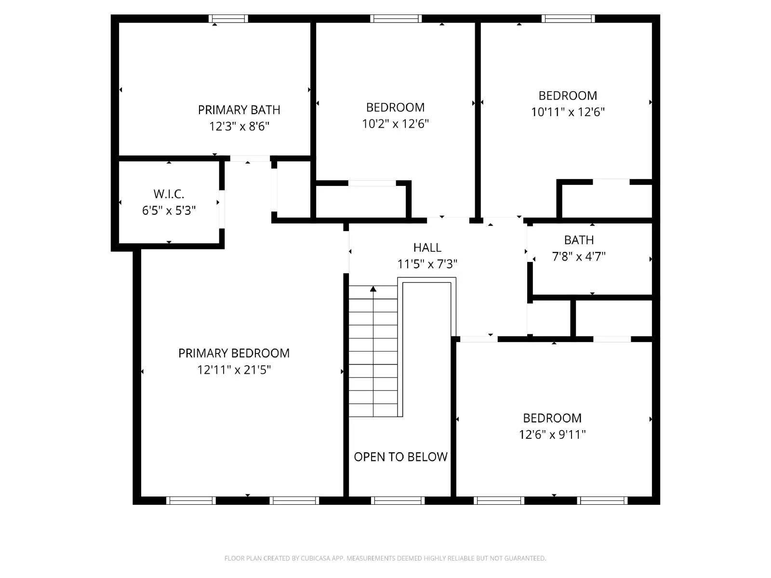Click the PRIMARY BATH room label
tap(239, 110)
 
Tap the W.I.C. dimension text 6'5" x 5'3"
tap(169, 210)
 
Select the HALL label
tap(427, 248)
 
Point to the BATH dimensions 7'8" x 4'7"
tap(578, 256)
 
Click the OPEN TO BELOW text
tap(400, 457)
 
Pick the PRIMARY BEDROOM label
tap(234, 353)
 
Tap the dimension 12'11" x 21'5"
tap(234, 370)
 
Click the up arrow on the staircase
tap(373, 289)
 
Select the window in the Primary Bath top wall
tap(228, 19)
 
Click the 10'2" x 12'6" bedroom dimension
tap(395, 124)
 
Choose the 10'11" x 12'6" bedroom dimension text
tap(568, 112)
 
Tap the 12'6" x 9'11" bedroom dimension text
tap(552, 434)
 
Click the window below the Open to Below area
tap(398, 500)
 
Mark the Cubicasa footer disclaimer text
tap(385, 558)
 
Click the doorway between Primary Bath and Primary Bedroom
tap(250, 158)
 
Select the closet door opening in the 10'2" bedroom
tap(372, 183)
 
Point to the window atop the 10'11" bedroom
tap(568, 19)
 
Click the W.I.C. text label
tap(169, 194)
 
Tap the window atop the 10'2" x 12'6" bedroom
tap(396, 19)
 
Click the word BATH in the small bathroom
tap(579, 240)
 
